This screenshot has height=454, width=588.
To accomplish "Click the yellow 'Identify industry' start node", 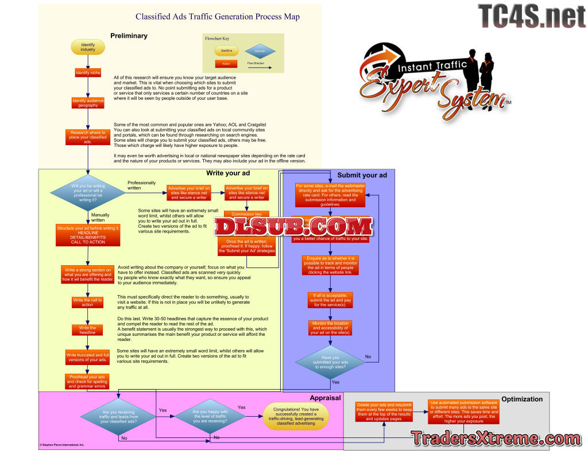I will coord(88,46).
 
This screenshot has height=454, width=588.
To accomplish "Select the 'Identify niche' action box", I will coord(88,73).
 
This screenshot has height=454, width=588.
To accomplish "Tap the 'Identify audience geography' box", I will coord(88,103).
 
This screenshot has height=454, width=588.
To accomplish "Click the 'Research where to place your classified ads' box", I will coord(88,137).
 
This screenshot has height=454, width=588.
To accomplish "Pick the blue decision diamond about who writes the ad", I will coord(88,193).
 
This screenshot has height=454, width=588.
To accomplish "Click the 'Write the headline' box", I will coord(87,330).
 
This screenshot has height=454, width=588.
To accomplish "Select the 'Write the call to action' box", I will coord(87,302).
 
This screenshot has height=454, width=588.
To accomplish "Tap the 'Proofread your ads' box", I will coord(87,382).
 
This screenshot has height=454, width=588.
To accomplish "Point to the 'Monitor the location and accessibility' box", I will coord(331,328).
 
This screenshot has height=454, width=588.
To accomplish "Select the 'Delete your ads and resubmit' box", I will coord(384,412).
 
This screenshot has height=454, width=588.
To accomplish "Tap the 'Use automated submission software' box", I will coord(464,411).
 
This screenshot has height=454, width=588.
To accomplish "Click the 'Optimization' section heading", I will coord(521,399).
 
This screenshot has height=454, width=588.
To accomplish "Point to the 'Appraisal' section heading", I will coord(325,397).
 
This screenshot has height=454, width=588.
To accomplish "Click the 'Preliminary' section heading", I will coord(129,36).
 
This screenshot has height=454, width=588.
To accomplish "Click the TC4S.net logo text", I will coord(531,16).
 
